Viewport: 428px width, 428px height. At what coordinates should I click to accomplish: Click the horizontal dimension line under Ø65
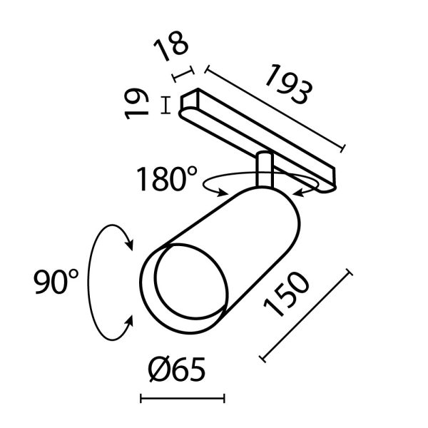(x=182, y=398)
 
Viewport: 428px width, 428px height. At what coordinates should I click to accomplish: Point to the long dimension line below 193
(x=275, y=109)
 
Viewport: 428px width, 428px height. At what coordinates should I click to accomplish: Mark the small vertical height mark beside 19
(x=166, y=105)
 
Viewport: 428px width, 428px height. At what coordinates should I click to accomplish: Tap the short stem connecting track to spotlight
(x=263, y=171)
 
